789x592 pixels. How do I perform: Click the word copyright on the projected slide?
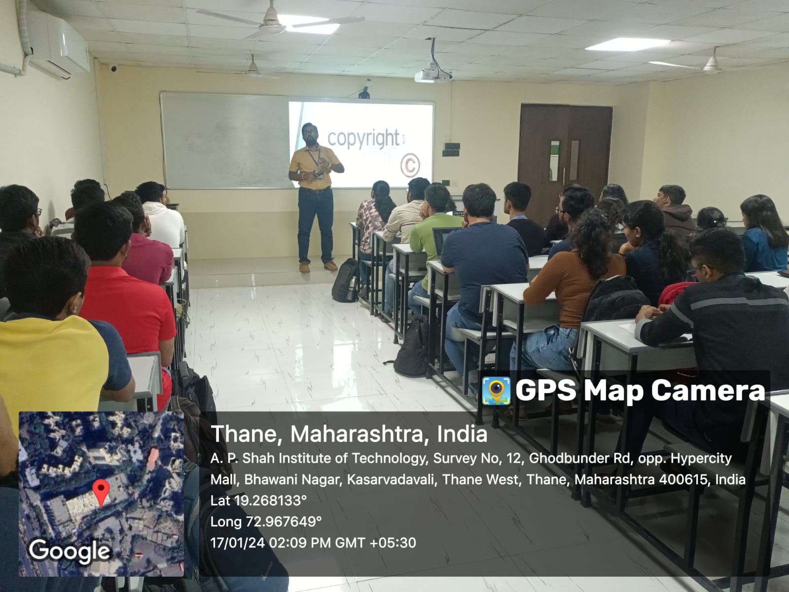pyautogui.click(x=363, y=139)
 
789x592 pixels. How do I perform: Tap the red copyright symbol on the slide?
pyautogui.click(x=410, y=165)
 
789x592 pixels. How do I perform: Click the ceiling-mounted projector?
pyautogui.click(x=432, y=75)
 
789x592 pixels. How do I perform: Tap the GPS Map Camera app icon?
pyautogui.click(x=496, y=391)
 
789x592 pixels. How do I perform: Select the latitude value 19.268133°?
pyautogui.click(x=270, y=500)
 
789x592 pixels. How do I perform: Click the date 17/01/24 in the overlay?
pyautogui.click(x=238, y=543)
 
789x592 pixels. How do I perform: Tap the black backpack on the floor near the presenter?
pyautogui.click(x=346, y=280)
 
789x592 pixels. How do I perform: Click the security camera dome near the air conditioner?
pyautogui.click(x=113, y=68)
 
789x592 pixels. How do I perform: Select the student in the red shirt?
pyautogui.click(x=126, y=309)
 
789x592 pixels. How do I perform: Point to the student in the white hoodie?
pyautogui.click(x=162, y=216)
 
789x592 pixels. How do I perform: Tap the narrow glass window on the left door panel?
pyautogui.click(x=554, y=161)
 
